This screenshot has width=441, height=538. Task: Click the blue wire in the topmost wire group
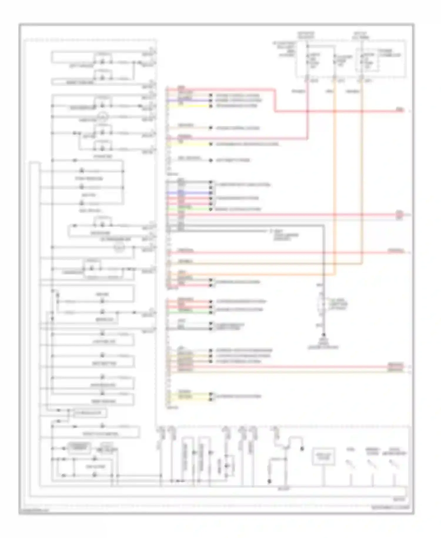188,100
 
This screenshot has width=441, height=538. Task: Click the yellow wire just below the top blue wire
188,105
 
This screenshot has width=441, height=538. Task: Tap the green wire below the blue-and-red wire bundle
188,209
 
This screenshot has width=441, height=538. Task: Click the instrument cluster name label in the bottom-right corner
390,508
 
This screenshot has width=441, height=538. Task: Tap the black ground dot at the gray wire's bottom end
324,335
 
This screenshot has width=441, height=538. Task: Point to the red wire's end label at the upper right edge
400,110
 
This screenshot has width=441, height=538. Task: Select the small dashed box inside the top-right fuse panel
367,60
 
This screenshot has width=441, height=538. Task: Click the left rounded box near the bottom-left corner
79,448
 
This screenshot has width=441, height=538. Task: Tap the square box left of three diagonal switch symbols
323,456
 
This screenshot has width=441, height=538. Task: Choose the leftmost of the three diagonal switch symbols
350,464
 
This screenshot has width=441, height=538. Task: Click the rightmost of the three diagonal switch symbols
393,464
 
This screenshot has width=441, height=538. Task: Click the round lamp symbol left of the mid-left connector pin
119,248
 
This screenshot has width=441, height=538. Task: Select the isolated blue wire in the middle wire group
188,193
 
